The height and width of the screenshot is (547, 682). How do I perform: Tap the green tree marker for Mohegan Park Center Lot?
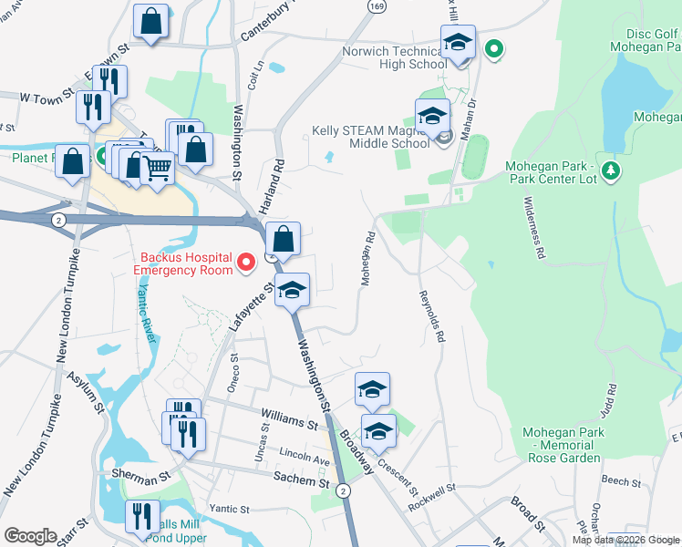point(611,170)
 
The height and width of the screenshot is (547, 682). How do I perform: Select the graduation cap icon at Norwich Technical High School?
point(458,43)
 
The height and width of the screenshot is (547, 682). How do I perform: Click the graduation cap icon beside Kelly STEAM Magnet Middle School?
point(432,117)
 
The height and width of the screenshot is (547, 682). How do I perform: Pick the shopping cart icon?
point(158,167)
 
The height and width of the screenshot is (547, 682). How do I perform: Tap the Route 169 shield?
point(377,6)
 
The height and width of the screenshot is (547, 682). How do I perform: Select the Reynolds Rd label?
point(432,315)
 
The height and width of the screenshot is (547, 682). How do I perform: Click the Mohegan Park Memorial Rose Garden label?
point(562,445)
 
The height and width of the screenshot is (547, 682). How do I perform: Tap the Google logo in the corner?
point(30,536)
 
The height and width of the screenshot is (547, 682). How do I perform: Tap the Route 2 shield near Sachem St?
point(342,490)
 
